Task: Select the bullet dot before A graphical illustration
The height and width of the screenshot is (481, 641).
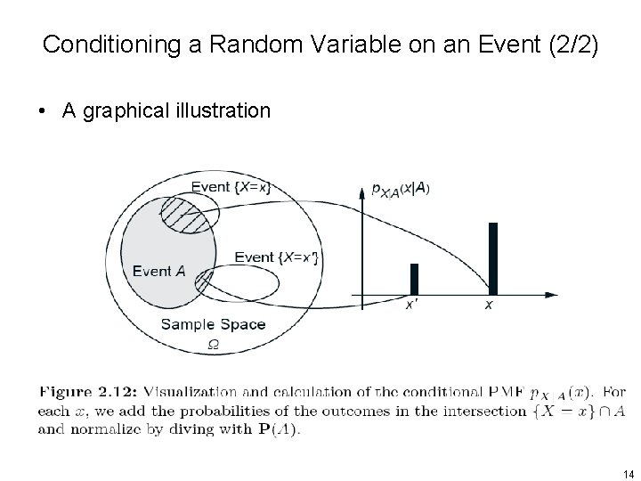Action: [42, 111]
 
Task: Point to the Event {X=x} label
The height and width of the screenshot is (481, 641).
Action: [231, 187]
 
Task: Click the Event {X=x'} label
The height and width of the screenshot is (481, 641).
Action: [276, 257]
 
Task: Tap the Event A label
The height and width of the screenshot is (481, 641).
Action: [158, 271]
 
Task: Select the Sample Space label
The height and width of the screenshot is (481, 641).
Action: [213, 324]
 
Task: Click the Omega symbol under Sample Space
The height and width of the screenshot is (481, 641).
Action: [213, 343]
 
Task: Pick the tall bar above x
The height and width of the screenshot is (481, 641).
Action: [492, 257]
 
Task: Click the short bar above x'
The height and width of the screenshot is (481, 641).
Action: [414, 279]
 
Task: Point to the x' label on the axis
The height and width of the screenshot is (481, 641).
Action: [412, 306]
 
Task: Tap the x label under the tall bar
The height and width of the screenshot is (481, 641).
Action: [489, 306]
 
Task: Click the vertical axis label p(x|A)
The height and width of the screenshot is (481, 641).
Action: [401, 190]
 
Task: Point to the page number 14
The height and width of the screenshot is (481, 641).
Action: [628, 472]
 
